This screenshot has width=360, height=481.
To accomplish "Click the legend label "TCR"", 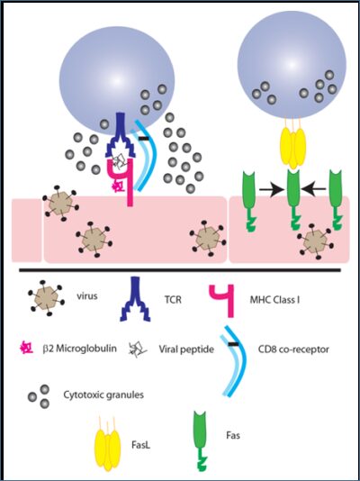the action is pos(173,299).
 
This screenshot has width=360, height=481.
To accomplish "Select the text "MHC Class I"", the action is pos(274,299).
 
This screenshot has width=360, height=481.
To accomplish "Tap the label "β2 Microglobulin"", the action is pos(80,349).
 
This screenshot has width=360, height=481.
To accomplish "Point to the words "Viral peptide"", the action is pos(186,349).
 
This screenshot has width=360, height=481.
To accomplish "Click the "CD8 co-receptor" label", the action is pos(293,349).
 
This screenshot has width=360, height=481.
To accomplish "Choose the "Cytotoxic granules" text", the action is pos(103,395).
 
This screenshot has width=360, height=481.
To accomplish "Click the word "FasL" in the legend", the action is pos(139,443).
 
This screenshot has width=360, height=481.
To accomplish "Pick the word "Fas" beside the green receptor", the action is pos(233,435).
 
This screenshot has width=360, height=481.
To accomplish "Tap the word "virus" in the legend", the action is pos(86,296).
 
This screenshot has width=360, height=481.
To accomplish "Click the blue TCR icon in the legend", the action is pos(135,297).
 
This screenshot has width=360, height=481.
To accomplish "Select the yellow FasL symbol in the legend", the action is pos(107,445).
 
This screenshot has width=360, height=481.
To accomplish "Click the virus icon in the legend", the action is pos(47,300).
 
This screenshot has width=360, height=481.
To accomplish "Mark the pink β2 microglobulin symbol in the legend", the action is pos(26,349).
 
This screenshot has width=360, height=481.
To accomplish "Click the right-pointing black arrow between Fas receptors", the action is pos(272,190).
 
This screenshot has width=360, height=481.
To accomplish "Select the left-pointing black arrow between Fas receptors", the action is pos(313,190).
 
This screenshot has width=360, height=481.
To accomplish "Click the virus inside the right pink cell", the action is pos(315,241).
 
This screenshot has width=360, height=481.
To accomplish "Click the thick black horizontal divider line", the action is pos(180,270).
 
